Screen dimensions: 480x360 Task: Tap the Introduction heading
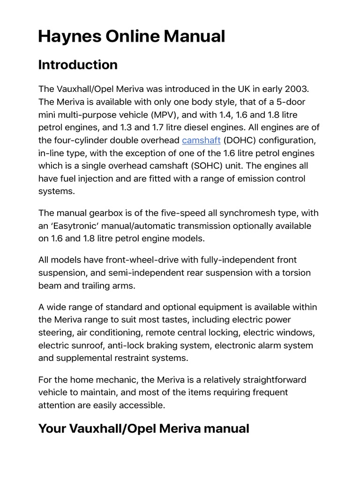click(x=77, y=65)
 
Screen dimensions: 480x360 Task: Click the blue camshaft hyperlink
click(x=201, y=140)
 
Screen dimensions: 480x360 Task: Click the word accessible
click(x=142, y=405)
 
